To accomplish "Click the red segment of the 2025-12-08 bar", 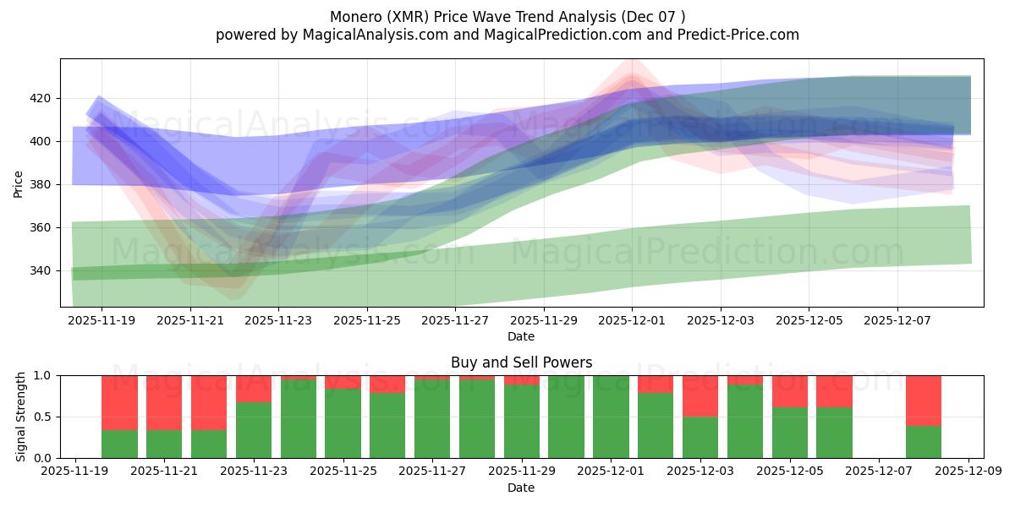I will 923,400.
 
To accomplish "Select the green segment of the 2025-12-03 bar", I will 700,437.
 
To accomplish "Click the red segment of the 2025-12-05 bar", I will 789,391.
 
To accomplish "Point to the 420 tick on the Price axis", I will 41,98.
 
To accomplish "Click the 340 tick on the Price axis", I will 41,270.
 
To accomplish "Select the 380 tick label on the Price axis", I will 41,184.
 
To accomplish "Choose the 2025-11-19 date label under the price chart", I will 101,321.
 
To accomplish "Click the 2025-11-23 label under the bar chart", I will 255,472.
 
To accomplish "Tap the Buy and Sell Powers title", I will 521,363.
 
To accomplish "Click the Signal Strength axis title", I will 21,417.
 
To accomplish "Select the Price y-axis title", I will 19,183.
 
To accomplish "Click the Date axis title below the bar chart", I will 521,488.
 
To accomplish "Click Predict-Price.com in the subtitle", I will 741,35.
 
